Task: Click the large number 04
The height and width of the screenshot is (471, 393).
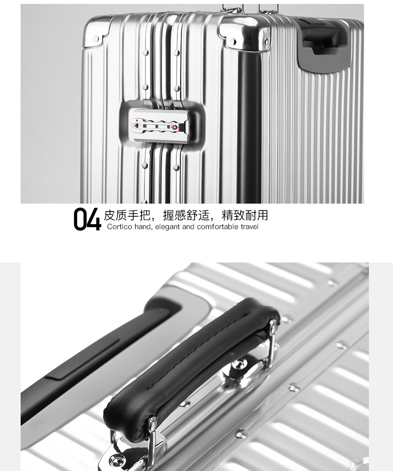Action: tap(87, 219)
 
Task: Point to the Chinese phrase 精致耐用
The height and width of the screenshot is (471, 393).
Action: tap(245, 215)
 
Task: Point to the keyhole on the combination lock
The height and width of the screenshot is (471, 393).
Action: tap(137, 126)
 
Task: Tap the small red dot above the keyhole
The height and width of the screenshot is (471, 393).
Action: tap(137, 121)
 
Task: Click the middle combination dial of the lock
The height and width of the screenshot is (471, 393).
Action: tap(157, 126)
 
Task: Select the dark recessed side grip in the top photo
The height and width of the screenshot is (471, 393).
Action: tap(322, 43)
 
